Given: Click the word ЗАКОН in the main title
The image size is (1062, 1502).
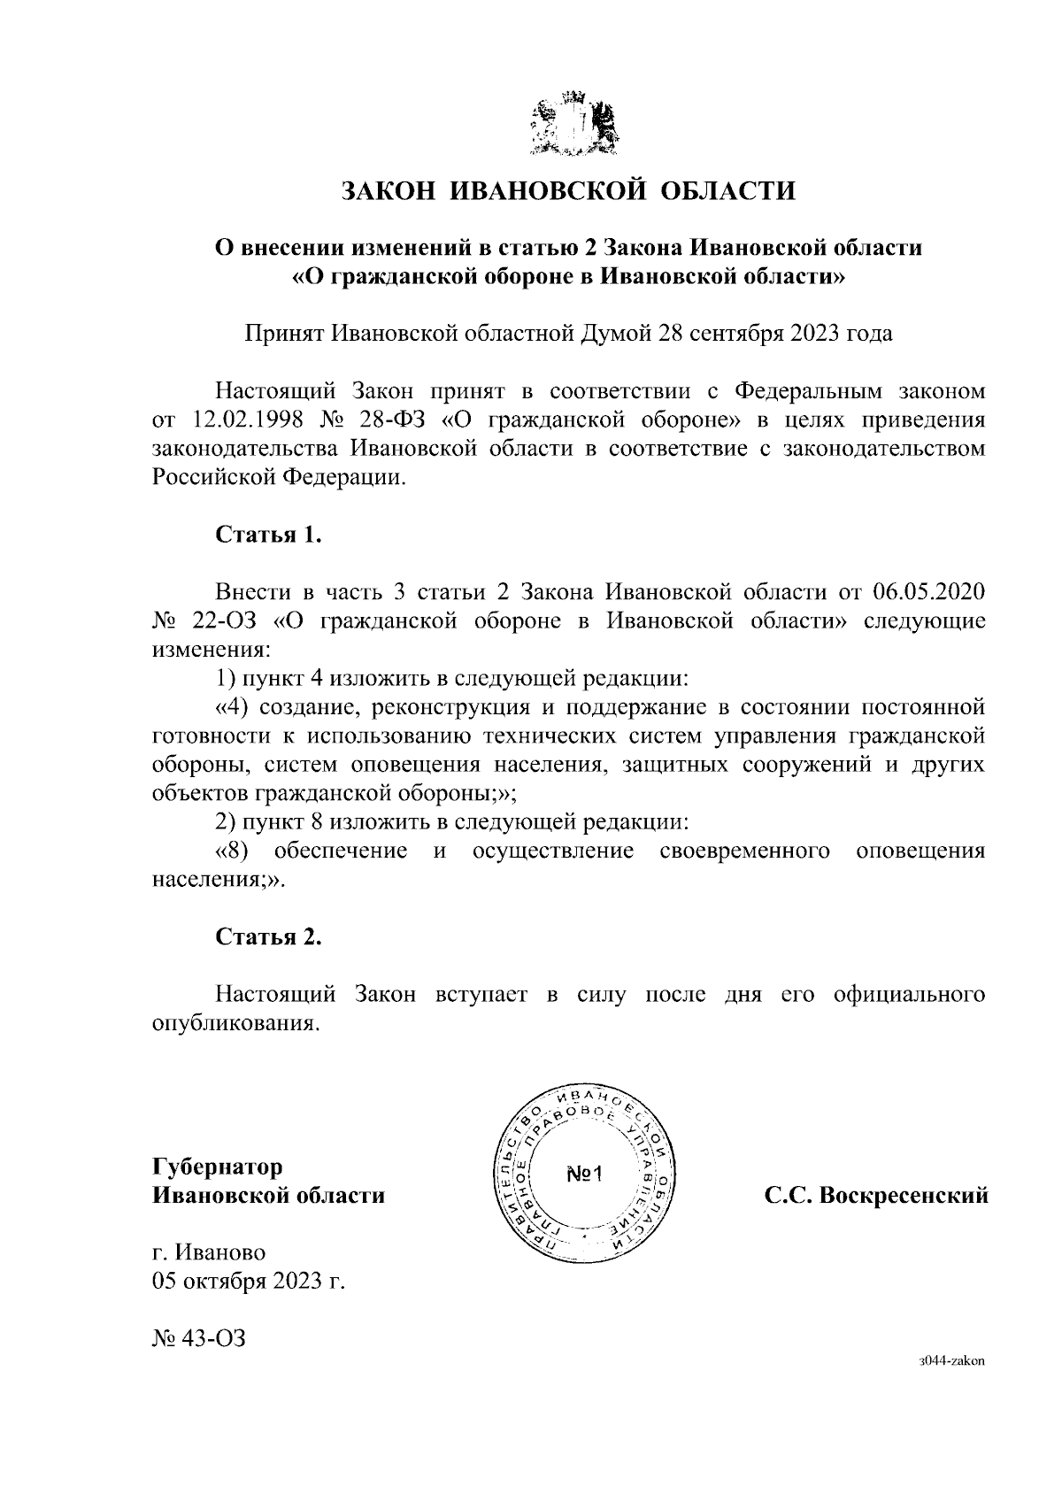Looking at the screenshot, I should [x=387, y=190].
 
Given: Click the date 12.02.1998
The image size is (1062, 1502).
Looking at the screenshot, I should [x=242, y=419].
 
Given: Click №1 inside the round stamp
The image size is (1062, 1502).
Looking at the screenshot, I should [x=583, y=1175].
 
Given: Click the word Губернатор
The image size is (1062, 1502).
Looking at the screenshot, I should [x=218, y=1166].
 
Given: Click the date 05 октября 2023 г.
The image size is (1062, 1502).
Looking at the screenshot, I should [x=248, y=1281].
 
